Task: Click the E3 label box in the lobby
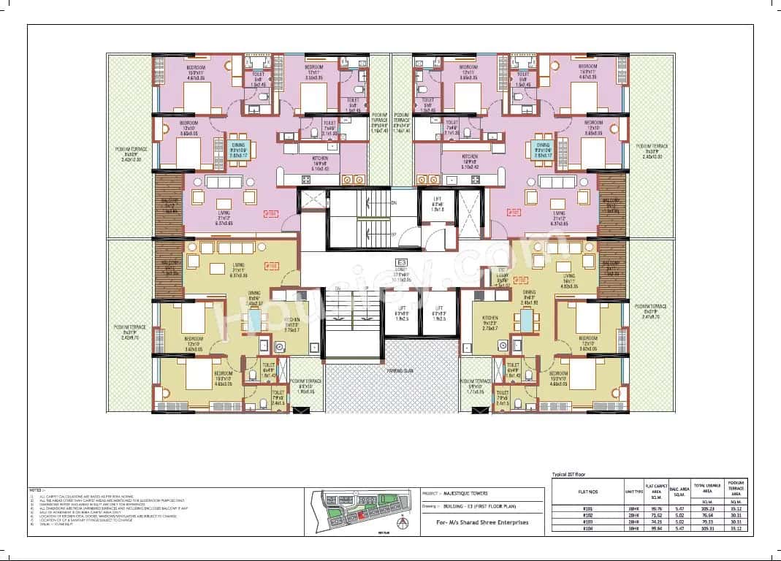pyautogui.click(x=401, y=262)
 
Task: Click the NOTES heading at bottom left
pyautogui.click(x=37, y=491)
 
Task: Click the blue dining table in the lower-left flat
pyautogui.click(x=254, y=320)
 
